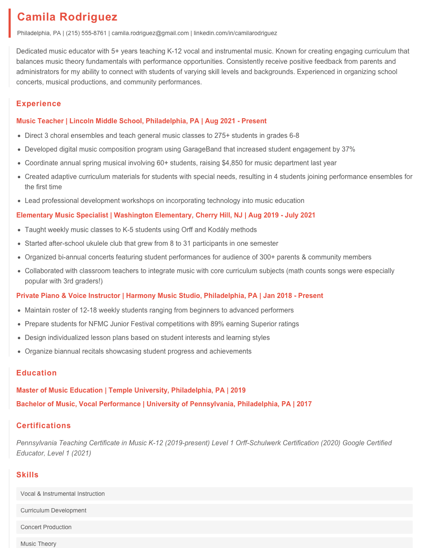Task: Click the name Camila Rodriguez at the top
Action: pyautogui.click(x=67, y=17)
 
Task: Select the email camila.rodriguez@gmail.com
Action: pyautogui.click(x=150, y=33)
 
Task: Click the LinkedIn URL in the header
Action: pyautogui.click(x=235, y=33)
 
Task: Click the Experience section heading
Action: pyautogui.click(x=38, y=104)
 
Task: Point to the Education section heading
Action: pyautogui.click(x=36, y=373)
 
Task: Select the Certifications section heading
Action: pyautogui.click(x=43, y=426)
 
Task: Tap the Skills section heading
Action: pyautogui.click(x=27, y=475)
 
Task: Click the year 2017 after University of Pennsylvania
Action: pyautogui.click(x=304, y=404)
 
